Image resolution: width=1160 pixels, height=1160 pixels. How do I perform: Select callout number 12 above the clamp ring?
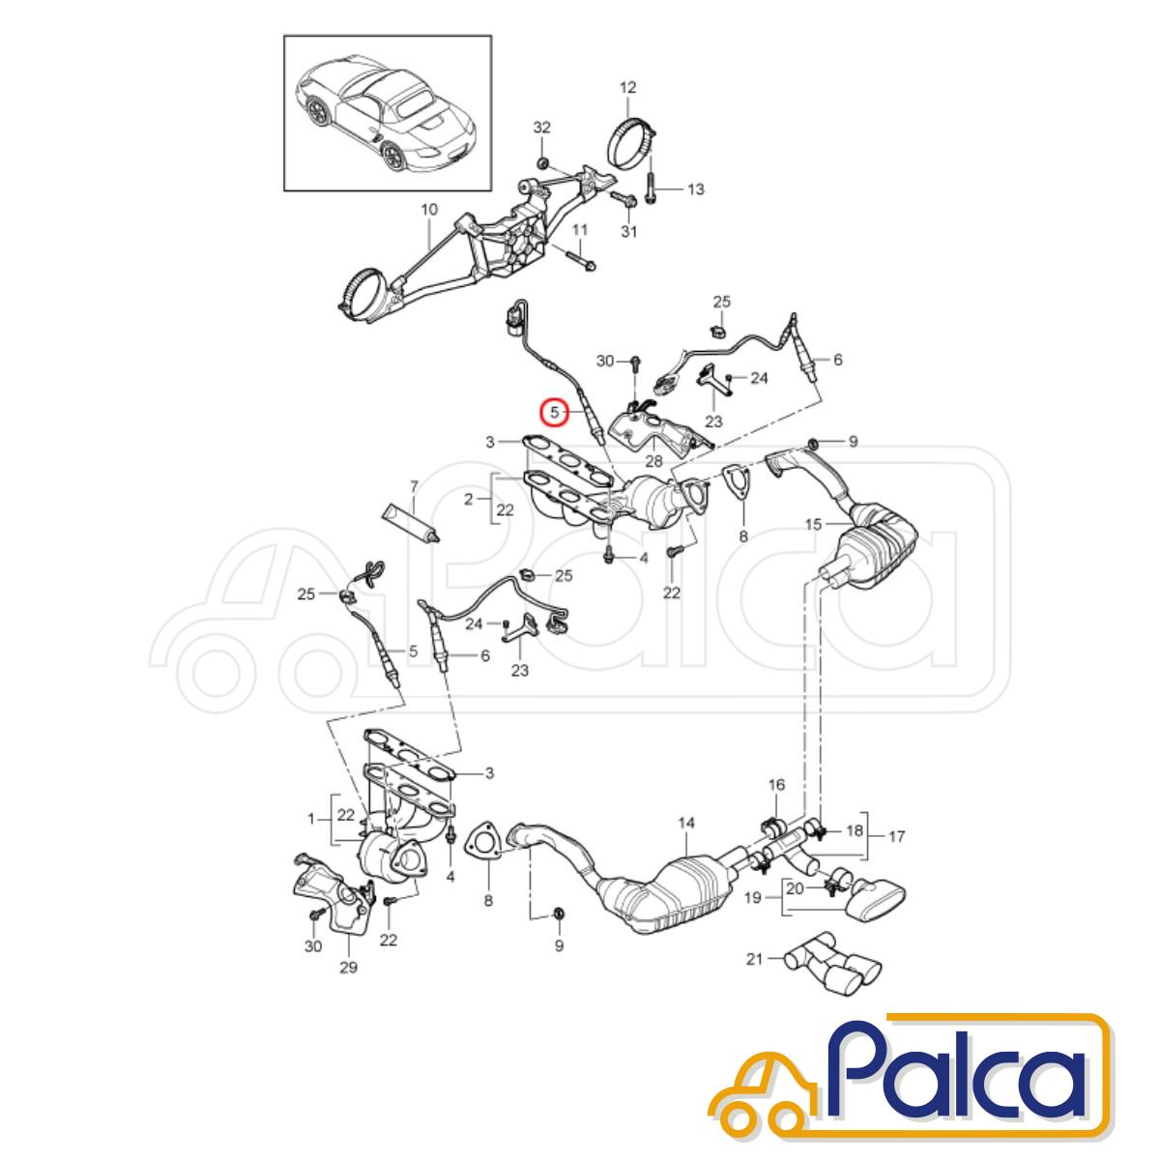[628, 88]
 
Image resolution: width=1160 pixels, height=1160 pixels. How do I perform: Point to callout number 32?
[541, 128]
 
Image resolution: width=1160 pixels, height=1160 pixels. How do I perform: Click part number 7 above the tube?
[414, 486]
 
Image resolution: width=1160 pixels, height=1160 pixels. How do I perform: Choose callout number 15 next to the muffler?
[814, 524]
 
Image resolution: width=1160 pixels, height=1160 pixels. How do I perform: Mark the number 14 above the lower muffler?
[686, 822]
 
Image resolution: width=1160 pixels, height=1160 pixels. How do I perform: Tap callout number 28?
[653, 461]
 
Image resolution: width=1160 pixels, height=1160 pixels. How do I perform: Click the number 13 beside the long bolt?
[695, 189]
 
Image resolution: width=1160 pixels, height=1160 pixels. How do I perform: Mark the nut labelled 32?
[541, 163]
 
